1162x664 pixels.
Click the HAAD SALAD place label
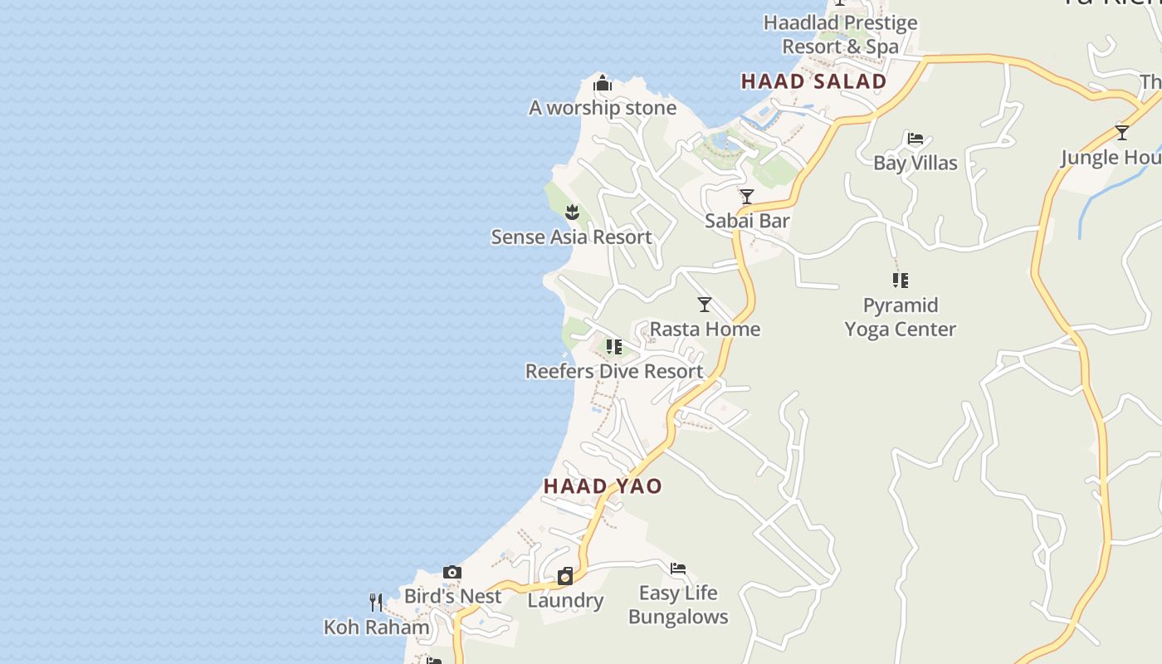coord(813,81)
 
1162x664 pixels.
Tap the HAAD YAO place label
coord(603,486)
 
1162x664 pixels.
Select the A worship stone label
coord(603,108)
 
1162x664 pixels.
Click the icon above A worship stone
coord(603,84)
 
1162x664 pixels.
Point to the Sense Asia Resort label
coord(571,237)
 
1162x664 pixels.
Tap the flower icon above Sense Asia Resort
coord(572,212)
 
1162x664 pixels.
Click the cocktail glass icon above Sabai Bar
coord(747,197)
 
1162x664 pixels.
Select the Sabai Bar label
coord(747,221)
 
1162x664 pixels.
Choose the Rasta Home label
coord(705,330)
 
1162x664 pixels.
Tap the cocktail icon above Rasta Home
coord(705,305)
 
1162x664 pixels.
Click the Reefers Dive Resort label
coord(614,372)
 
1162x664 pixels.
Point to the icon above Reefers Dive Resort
coord(614,347)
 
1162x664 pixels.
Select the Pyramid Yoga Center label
coord(901,317)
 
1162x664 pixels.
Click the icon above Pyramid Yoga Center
coord(901,281)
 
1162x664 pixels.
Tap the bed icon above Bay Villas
coord(915,139)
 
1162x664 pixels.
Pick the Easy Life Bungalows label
coord(678,605)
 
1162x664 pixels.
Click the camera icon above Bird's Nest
coord(452,573)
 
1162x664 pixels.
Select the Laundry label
coord(565,601)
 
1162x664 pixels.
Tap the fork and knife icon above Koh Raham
coord(376,602)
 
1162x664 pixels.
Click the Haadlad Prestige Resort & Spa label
coord(841,35)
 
